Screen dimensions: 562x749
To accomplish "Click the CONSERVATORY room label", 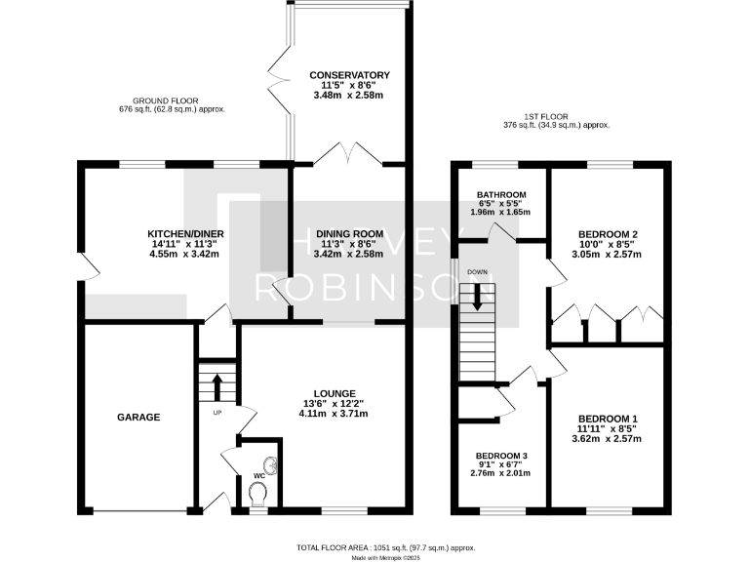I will click(x=349, y=75).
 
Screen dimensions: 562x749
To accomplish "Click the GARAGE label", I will click(x=138, y=417).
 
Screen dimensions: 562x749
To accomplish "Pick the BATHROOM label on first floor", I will click(x=502, y=194).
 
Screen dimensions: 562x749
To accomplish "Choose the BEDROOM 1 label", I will click(x=608, y=418).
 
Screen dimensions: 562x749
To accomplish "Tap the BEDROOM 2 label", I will click(x=608, y=234).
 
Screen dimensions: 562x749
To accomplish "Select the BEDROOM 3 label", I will click(x=501, y=456).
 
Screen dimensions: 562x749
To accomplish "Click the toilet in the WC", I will click(x=258, y=498).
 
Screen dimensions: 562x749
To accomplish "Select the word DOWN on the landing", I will click(x=477, y=272).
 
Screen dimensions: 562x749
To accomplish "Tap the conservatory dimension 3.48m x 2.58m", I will click(x=349, y=96).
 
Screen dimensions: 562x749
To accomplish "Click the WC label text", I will click(x=258, y=476).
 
